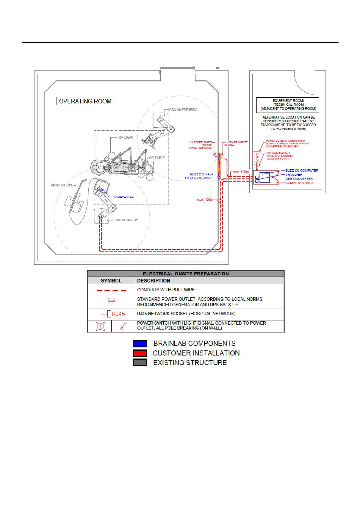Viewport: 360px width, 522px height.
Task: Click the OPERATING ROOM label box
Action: tap(85, 101)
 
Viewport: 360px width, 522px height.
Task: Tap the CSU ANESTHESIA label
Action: tap(183, 110)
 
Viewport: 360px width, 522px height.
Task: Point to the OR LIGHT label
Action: tap(126, 138)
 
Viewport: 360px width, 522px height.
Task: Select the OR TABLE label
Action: tap(157, 158)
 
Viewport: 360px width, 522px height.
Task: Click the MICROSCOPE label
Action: tap(62, 185)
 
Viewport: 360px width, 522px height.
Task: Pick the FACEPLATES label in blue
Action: tap(124, 197)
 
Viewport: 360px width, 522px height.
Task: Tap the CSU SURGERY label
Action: tap(126, 220)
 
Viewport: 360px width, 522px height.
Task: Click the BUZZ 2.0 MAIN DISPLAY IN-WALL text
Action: tap(199, 176)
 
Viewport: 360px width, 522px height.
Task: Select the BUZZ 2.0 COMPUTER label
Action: tap(302, 170)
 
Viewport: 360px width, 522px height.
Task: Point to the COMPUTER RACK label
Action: tap(299, 183)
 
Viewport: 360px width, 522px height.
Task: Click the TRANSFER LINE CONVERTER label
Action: tap(299, 177)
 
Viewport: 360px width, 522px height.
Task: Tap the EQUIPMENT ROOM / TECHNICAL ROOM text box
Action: tap(288, 105)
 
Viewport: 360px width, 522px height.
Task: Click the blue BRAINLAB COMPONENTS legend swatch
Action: tap(140, 344)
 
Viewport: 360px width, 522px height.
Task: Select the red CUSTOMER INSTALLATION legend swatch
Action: tap(140, 353)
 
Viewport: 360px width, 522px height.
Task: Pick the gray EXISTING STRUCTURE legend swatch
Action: tap(140, 363)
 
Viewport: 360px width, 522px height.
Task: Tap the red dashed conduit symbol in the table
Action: tap(111, 290)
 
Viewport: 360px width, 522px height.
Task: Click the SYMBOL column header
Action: tap(111, 281)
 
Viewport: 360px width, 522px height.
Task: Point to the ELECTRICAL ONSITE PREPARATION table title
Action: tap(186, 274)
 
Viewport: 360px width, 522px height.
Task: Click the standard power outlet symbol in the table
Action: tap(112, 302)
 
